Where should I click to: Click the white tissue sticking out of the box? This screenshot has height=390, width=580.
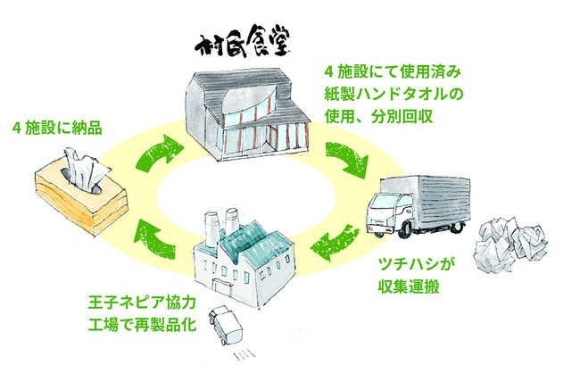pyautogui.click(x=82, y=167)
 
